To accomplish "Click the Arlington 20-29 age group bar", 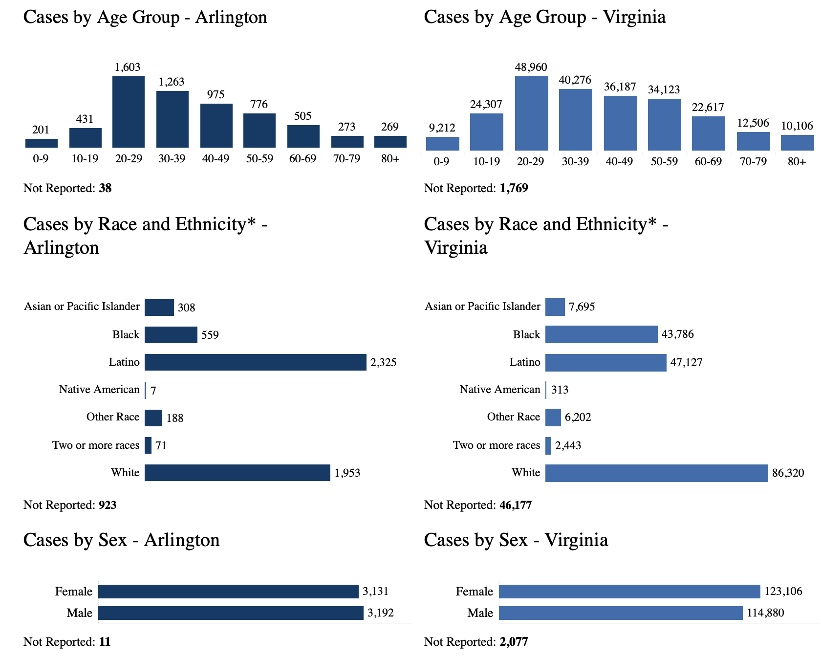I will click(x=128, y=112).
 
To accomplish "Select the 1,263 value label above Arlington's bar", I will click(x=172, y=82).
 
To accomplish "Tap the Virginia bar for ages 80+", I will click(x=797, y=143).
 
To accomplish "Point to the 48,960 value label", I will click(x=531, y=67).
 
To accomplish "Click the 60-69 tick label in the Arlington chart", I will click(x=302, y=159).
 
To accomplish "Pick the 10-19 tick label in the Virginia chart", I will click(x=486, y=162).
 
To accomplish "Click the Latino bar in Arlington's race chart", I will click(x=255, y=362).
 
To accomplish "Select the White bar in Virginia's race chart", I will click(x=656, y=473).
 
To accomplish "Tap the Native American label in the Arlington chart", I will click(x=99, y=390).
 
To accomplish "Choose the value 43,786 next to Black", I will click(x=677, y=334).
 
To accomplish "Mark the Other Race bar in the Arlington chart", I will click(x=153, y=418).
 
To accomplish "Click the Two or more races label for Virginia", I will click(x=497, y=445).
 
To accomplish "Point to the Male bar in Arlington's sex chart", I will click(x=231, y=613).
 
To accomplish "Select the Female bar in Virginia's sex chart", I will click(x=629, y=592).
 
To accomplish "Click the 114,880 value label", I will click(x=765, y=613).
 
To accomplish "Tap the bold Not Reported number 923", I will click(x=108, y=505).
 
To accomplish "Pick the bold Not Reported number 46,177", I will click(x=515, y=505).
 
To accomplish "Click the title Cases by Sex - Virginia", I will click(x=516, y=540).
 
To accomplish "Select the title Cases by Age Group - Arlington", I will click(x=145, y=18).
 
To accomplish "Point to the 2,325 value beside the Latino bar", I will click(x=384, y=363).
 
